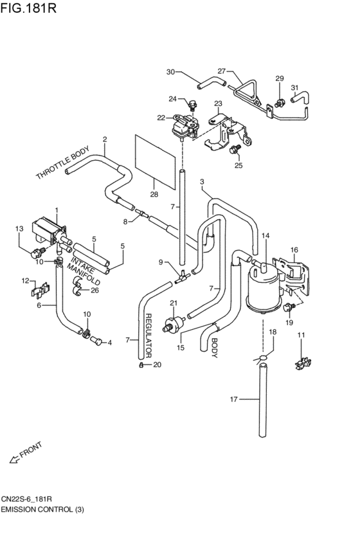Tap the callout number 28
coord(154,193)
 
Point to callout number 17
coord(234,399)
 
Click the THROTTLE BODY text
coord(62,166)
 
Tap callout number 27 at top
coord(222,71)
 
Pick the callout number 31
coord(294,87)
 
